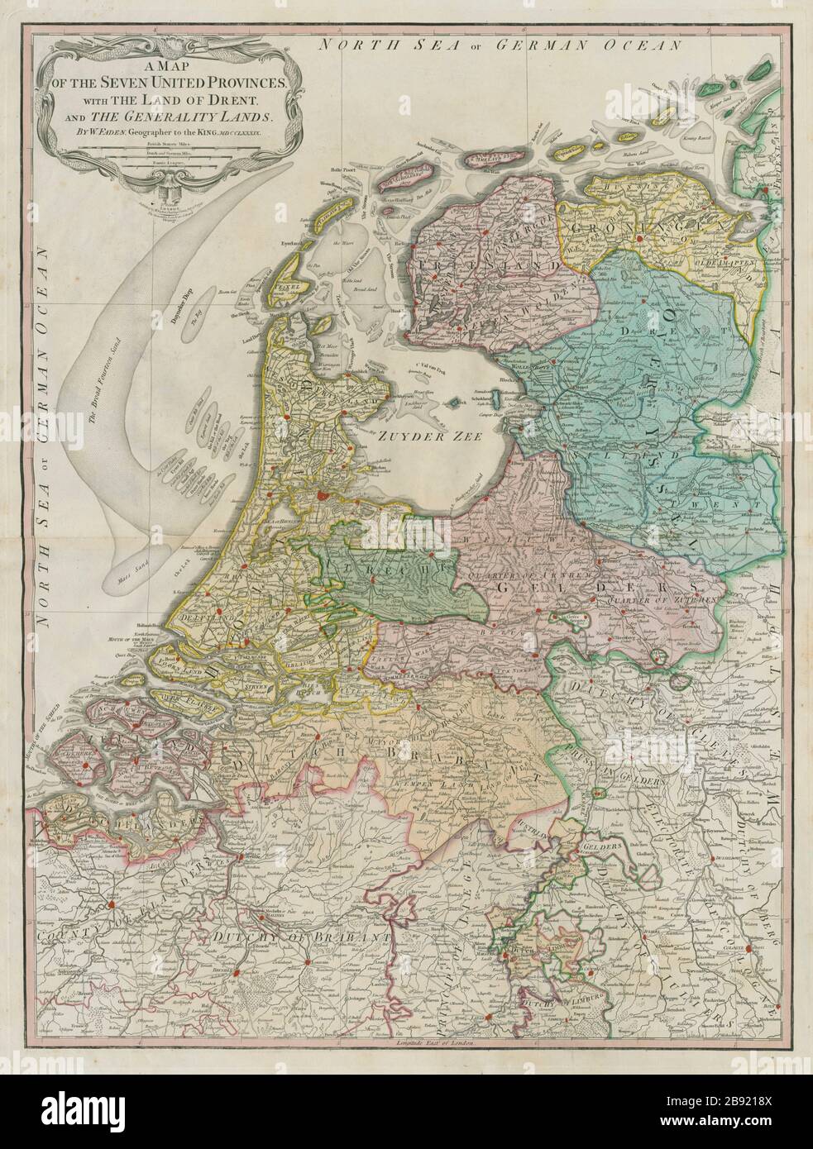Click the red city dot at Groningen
pos(639,239)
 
